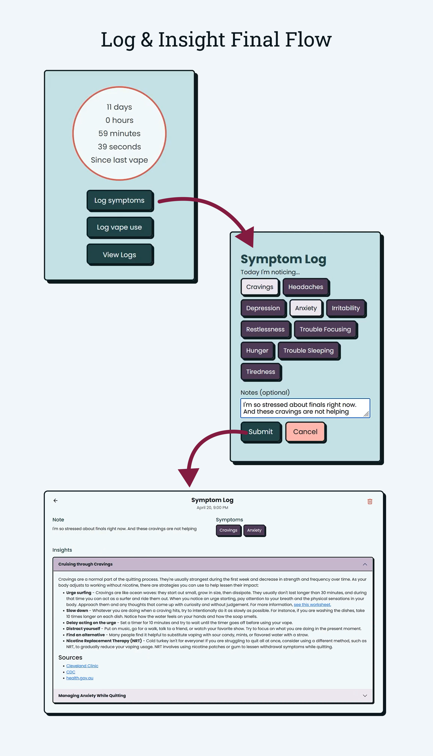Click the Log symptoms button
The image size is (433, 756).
tap(120, 200)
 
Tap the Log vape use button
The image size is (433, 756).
tap(120, 227)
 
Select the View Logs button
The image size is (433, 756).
tap(120, 255)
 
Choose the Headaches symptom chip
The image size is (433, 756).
tap(305, 287)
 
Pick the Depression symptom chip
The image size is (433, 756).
tap(263, 308)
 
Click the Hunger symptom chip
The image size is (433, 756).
tap(257, 350)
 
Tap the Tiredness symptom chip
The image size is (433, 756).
tap(260, 372)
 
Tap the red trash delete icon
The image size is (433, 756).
tap(370, 501)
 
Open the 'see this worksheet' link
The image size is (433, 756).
tap(312, 604)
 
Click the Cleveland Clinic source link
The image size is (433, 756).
tap(82, 666)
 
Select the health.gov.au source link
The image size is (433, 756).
tap(80, 678)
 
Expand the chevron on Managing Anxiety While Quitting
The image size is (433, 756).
tap(365, 696)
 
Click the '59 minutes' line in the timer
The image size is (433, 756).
tap(119, 133)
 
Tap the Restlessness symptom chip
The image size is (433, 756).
tap(265, 329)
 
